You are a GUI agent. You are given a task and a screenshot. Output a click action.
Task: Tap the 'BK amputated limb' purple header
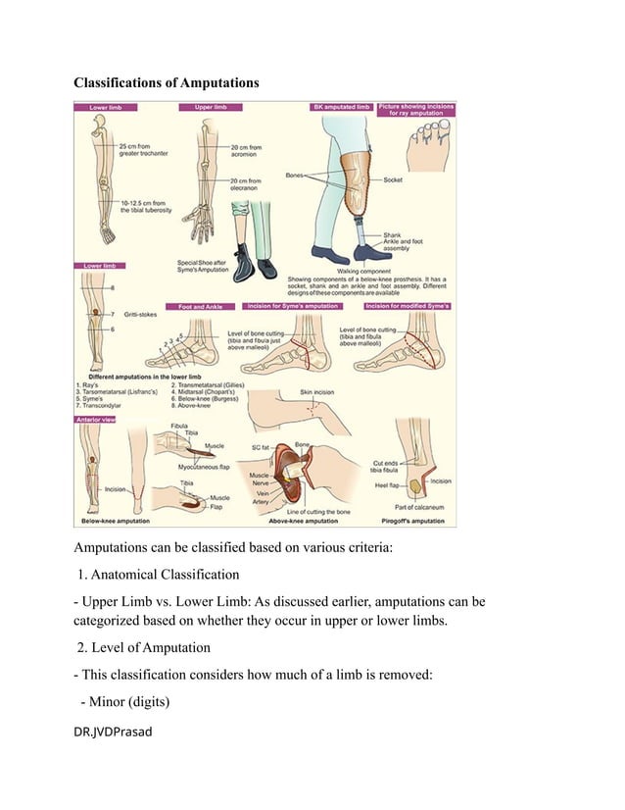pyautogui.click(x=340, y=106)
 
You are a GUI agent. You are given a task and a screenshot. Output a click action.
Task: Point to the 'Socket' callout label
pyautogui.click(x=393, y=180)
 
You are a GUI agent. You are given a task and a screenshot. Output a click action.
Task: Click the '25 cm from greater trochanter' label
pyautogui.click(x=144, y=148)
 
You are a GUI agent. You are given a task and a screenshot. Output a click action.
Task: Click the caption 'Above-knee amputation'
pyautogui.click(x=307, y=521)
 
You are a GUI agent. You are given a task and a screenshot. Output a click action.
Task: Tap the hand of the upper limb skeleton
pyautogui.click(x=202, y=226)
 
